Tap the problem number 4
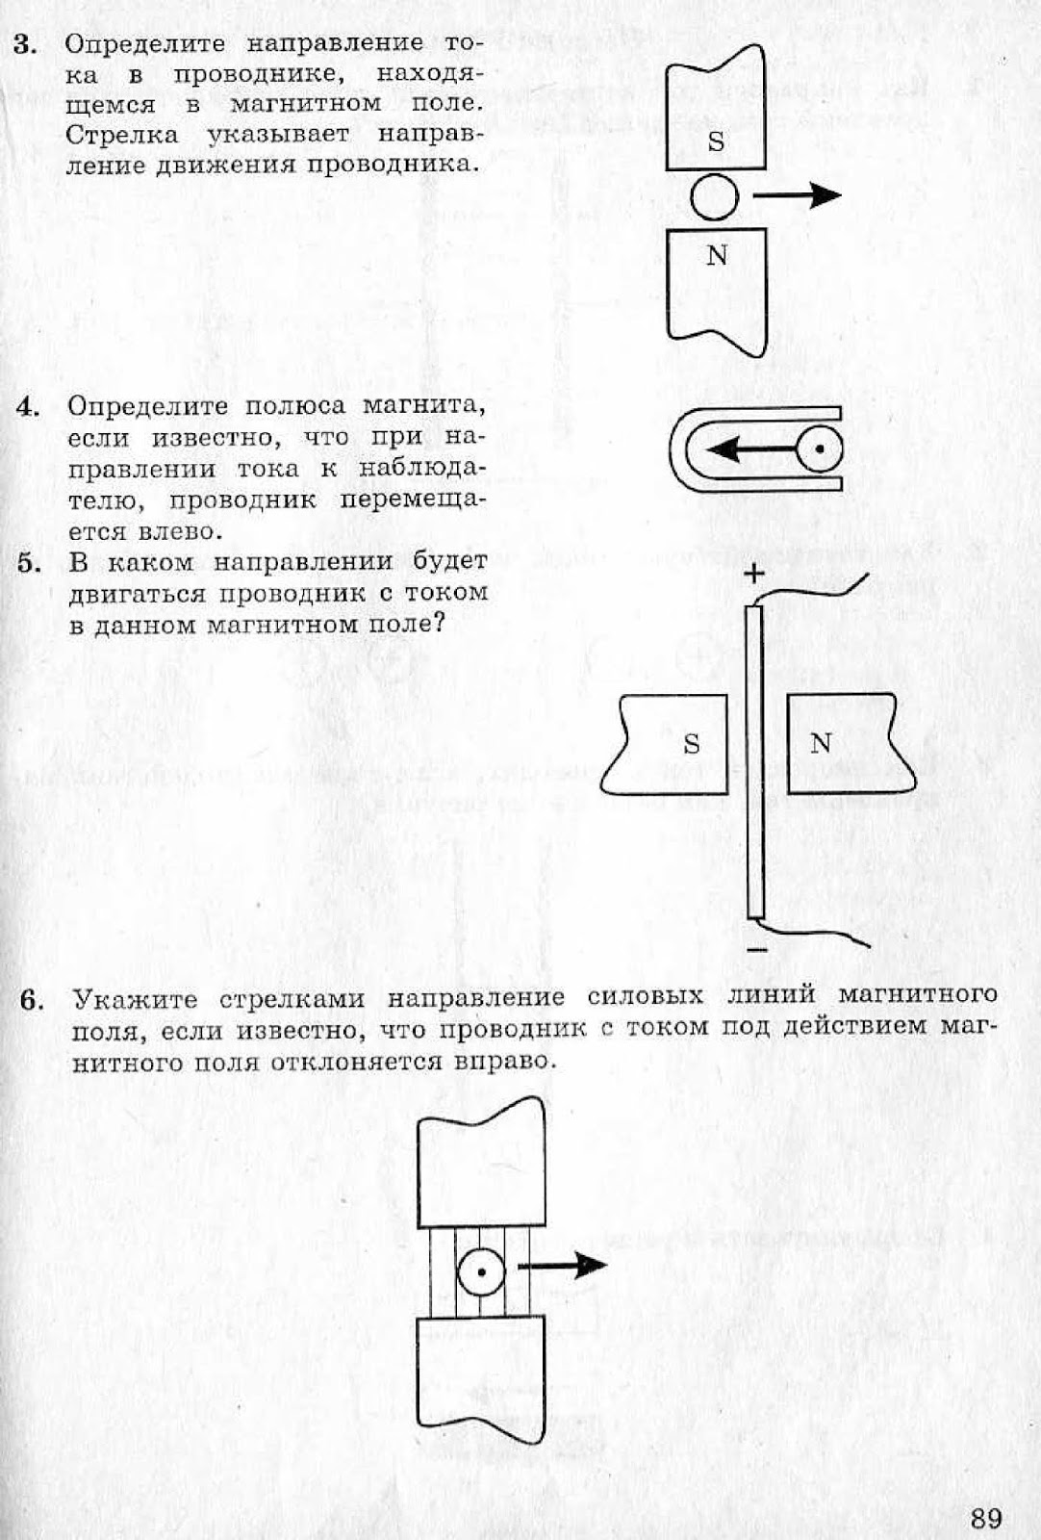coord(27,406)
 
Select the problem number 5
coord(29,563)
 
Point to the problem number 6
coord(32,1000)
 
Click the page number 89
coord(985,1518)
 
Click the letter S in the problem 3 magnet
coord(716,141)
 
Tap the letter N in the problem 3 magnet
coord(717,256)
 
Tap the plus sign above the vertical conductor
coord(753,575)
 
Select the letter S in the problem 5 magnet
coord(691,744)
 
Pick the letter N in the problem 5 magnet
coord(821,743)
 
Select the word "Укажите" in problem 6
coord(136,999)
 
